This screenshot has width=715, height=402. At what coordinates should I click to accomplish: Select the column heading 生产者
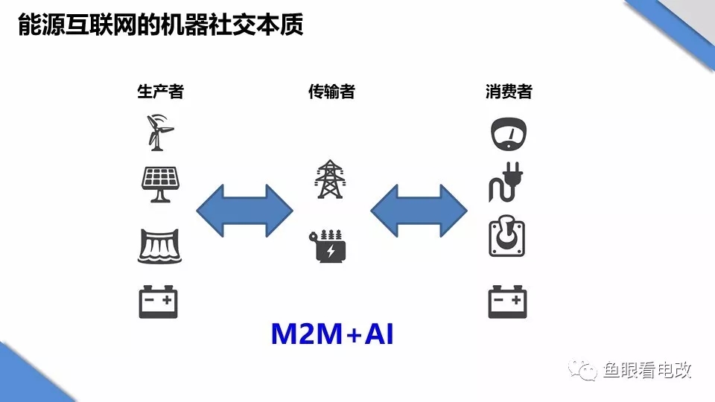[x=160, y=92]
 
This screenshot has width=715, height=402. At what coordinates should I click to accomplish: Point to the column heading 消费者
[x=509, y=92]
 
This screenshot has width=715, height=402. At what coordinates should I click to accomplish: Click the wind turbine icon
[x=159, y=132]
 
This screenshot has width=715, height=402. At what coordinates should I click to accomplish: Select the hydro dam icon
[x=159, y=246]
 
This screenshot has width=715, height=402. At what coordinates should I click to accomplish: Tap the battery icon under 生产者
[x=159, y=301]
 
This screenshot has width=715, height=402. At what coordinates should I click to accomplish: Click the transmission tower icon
[x=328, y=179]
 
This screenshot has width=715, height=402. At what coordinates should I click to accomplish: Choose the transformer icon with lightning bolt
[x=328, y=246]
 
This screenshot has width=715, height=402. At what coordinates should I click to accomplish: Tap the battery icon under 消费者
[x=508, y=301]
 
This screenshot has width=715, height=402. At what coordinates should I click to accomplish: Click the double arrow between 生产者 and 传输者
[x=244, y=211]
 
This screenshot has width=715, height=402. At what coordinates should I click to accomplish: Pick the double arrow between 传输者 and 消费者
[x=419, y=211]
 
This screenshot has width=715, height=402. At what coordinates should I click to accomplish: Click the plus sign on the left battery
[x=168, y=301]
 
